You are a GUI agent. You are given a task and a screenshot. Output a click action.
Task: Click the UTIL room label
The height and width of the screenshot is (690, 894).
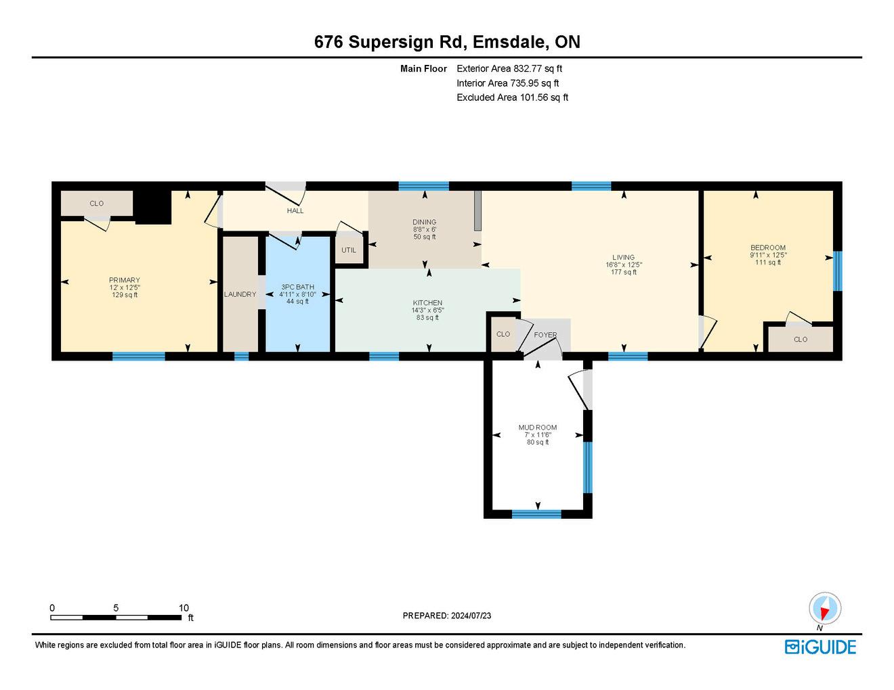349,250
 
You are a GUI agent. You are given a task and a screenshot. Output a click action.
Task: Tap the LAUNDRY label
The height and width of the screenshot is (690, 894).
240,294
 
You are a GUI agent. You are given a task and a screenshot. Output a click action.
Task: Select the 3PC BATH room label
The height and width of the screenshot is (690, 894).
297,287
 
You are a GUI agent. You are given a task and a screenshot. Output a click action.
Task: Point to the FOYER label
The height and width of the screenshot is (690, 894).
545,335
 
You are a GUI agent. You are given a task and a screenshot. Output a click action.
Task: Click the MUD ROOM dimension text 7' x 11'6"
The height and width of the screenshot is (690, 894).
538,435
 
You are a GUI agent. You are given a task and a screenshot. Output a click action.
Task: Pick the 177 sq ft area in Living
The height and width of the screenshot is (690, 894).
624,272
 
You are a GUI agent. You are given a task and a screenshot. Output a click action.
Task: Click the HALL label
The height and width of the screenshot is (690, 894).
295,211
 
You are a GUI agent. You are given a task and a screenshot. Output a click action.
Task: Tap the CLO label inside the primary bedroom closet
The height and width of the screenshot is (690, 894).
97,204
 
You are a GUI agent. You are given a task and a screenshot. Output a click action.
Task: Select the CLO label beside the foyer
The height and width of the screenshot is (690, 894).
503,334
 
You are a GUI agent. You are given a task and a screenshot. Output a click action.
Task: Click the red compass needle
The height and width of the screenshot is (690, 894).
824,613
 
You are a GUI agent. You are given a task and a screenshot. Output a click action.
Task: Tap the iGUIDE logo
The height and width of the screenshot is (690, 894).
820,647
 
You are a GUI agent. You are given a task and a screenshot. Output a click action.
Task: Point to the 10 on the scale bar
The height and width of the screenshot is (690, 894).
184,607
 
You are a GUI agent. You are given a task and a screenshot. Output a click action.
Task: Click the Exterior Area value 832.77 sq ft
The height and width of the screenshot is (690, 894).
538,68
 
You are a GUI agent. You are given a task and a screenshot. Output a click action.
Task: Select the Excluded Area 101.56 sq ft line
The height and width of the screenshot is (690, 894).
512,97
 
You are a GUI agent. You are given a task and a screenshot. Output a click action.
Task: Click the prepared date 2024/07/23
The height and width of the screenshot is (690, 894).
471,616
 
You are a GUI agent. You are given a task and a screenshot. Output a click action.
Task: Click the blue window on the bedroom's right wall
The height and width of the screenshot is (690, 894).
838,271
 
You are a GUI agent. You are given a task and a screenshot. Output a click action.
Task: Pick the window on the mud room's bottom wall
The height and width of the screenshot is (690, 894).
536,513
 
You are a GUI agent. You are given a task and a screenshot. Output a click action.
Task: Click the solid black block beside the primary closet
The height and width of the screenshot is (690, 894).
153,207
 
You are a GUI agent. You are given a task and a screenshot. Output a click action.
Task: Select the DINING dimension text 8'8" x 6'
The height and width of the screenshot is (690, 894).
425,229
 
